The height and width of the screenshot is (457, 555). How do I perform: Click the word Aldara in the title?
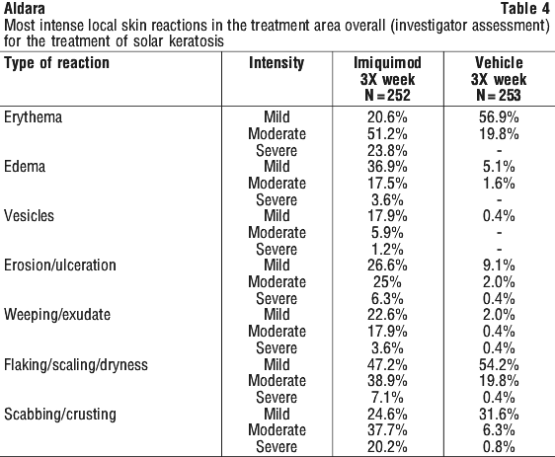25,9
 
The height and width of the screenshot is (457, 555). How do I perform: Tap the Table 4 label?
525,9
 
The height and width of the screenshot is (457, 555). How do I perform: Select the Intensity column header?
277,63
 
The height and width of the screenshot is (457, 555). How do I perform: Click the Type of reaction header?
56,63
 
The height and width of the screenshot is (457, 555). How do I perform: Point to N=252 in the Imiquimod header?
387,95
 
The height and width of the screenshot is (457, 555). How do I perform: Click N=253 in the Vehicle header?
499,95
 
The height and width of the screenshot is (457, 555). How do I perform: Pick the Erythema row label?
33,117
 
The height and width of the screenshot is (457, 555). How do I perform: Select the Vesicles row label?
29,216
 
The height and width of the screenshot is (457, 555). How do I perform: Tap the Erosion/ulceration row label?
60,266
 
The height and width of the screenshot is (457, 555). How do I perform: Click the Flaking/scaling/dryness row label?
76,364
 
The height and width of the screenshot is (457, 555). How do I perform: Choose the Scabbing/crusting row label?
60,415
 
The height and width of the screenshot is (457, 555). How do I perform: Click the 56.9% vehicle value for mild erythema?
499,117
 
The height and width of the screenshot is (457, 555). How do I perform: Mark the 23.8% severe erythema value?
387,151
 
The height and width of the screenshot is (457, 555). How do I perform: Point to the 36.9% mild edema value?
387,166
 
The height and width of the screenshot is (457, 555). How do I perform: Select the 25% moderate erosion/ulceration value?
387,282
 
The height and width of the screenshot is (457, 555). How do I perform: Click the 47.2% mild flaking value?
387,364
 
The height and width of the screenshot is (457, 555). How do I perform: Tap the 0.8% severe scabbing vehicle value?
499,447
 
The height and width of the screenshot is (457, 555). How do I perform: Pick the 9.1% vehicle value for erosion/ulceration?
499,266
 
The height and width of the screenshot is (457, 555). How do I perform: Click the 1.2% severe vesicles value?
387,250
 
